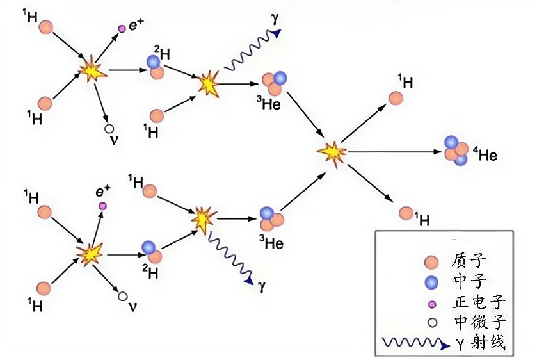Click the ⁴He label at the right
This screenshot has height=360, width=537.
click(x=485, y=154)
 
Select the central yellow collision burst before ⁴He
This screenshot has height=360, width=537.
click(x=332, y=152)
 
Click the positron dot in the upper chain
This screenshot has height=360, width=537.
click(x=122, y=29)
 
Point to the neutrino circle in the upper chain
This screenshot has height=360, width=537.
click(x=109, y=128)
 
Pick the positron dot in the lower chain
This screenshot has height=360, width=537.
click(x=101, y=206)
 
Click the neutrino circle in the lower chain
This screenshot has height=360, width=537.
click(x=122, y=296)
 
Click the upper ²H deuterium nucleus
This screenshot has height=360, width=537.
click(x=156, y=67)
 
